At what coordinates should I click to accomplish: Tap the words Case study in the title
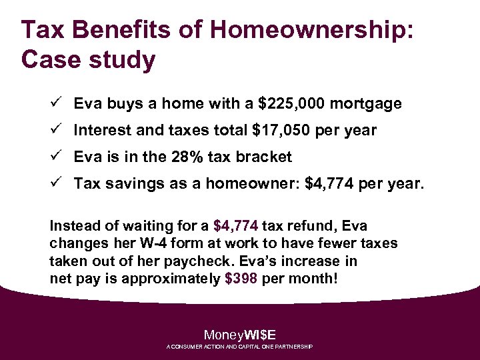88,59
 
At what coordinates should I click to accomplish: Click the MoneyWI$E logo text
239,335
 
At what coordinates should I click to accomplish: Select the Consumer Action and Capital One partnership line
239,347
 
